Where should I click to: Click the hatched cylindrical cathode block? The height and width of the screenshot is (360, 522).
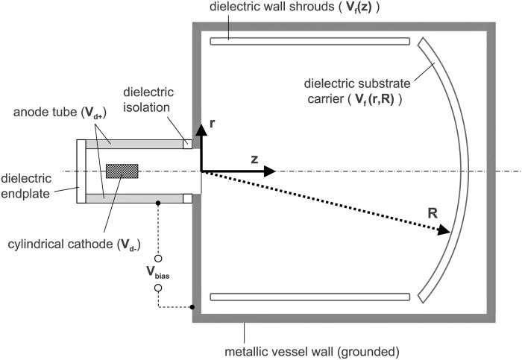[123, 171]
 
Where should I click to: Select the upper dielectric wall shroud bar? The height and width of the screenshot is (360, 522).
[309, 41]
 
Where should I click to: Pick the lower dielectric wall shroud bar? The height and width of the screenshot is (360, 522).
[309, 297]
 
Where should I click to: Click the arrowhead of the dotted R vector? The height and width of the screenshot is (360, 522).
[445, 233]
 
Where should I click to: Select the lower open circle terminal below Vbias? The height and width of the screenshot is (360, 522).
[158, 288]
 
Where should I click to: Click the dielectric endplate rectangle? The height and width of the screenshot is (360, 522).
[81, 171]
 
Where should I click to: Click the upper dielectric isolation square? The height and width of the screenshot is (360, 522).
[187, 143]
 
